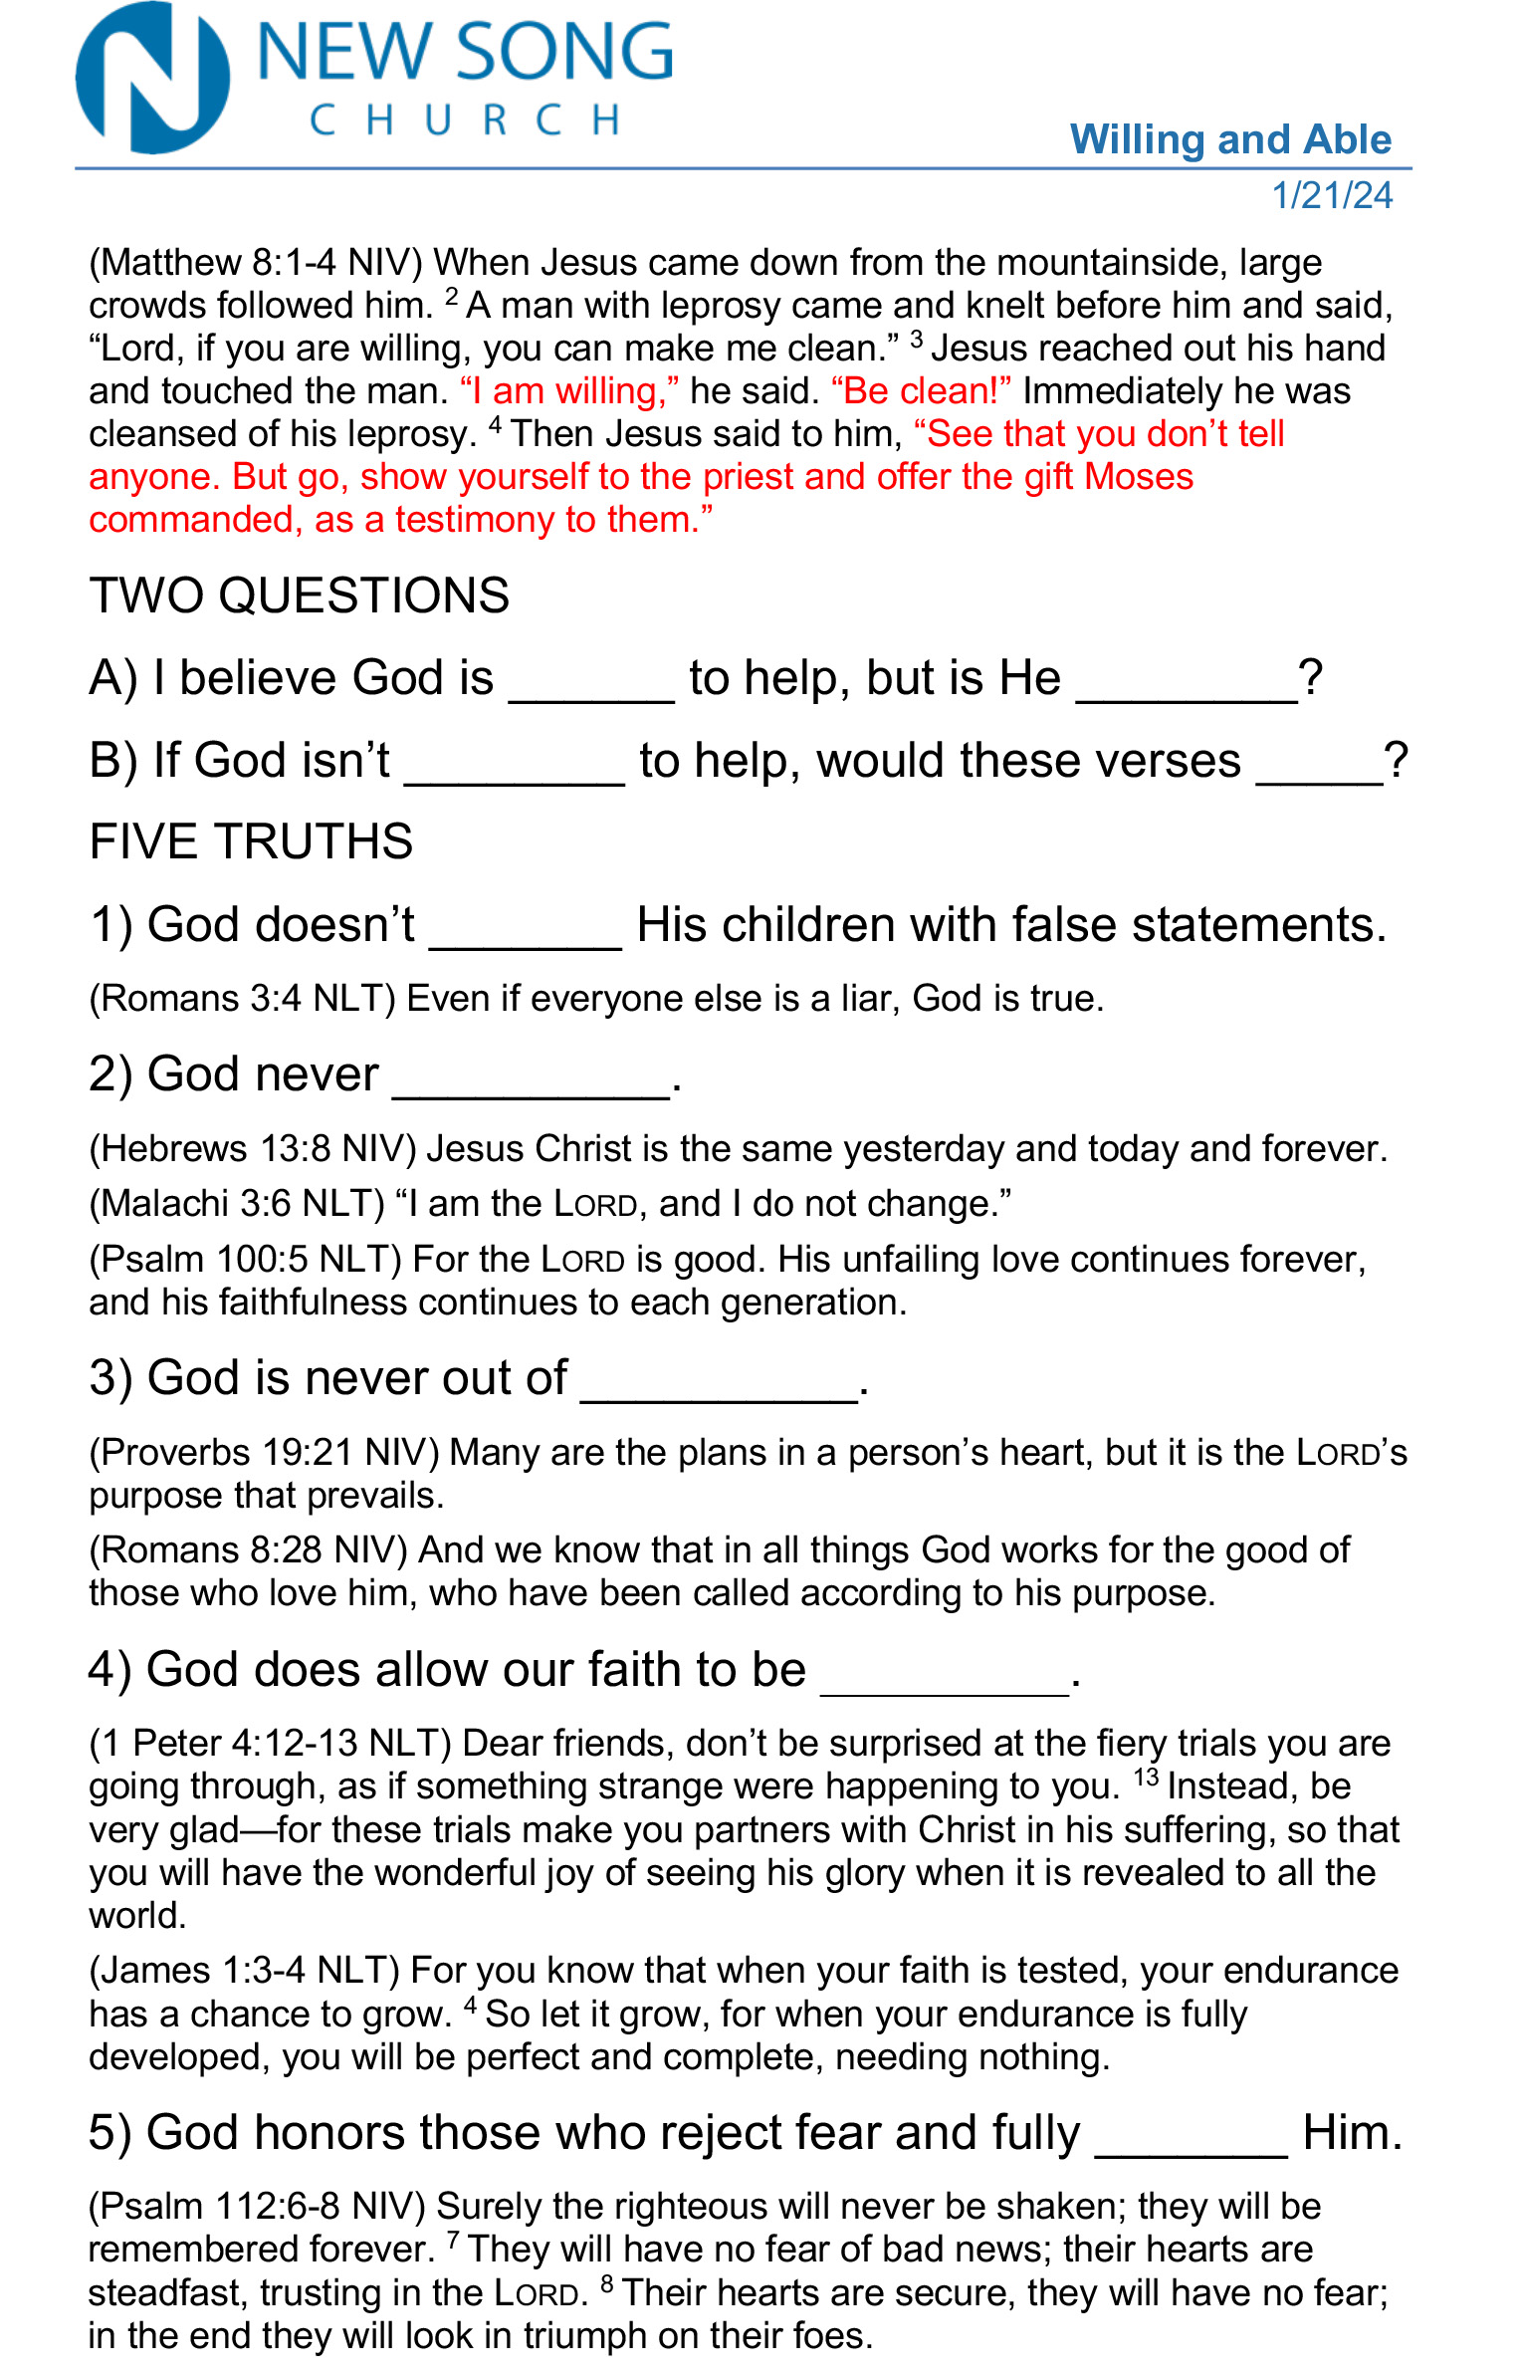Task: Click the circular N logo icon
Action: tap(153, 78)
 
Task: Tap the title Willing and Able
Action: tap(1230, 139)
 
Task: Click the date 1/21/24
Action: tap(1332, 195)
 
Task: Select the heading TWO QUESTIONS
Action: tap(299, 595)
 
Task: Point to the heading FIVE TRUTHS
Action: tap(251, 841)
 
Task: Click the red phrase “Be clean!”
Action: tap(922, 391)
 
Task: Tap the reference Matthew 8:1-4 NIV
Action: tap(257, 263)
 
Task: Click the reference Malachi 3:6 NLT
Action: tap(237, 1204)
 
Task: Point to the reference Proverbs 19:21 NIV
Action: tap(264, 1453)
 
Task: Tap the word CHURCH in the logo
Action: tap(465, 120)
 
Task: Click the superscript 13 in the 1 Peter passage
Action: tap(1146, 1778)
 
